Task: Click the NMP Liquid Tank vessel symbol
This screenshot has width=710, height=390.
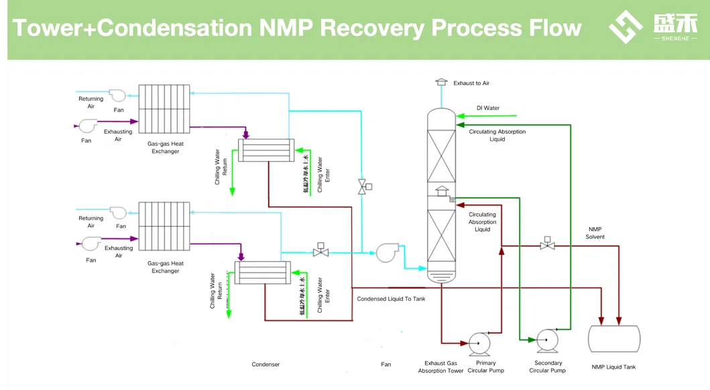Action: coord(613,339)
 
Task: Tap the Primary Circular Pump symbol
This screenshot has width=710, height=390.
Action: coord(479,343)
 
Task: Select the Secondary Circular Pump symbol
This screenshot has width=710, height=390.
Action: coord(547,340)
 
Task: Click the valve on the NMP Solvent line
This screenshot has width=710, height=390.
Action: coord(547,245)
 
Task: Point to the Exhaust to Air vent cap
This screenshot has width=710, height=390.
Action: coord(441,82)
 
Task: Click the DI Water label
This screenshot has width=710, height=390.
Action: coord(487,108)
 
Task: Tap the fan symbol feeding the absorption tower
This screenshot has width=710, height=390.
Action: coord(387,252)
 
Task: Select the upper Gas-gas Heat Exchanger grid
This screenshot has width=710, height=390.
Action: coord(165,110)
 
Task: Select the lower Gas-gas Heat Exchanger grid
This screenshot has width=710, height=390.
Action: coord(165,226)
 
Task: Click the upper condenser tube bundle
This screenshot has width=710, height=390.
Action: coord(266,150)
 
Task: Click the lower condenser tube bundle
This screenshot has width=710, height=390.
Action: coord(263,273)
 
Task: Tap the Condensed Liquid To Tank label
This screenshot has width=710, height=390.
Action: coord(391,299)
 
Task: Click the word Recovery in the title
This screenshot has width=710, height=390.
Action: coord(372,28)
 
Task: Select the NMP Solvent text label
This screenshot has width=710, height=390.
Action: coord(595,233)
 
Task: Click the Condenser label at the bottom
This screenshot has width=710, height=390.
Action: coord(265,364)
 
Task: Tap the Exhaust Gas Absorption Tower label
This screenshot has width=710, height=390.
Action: coord(440,367)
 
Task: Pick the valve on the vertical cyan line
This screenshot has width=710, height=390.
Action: coord(363,187)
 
